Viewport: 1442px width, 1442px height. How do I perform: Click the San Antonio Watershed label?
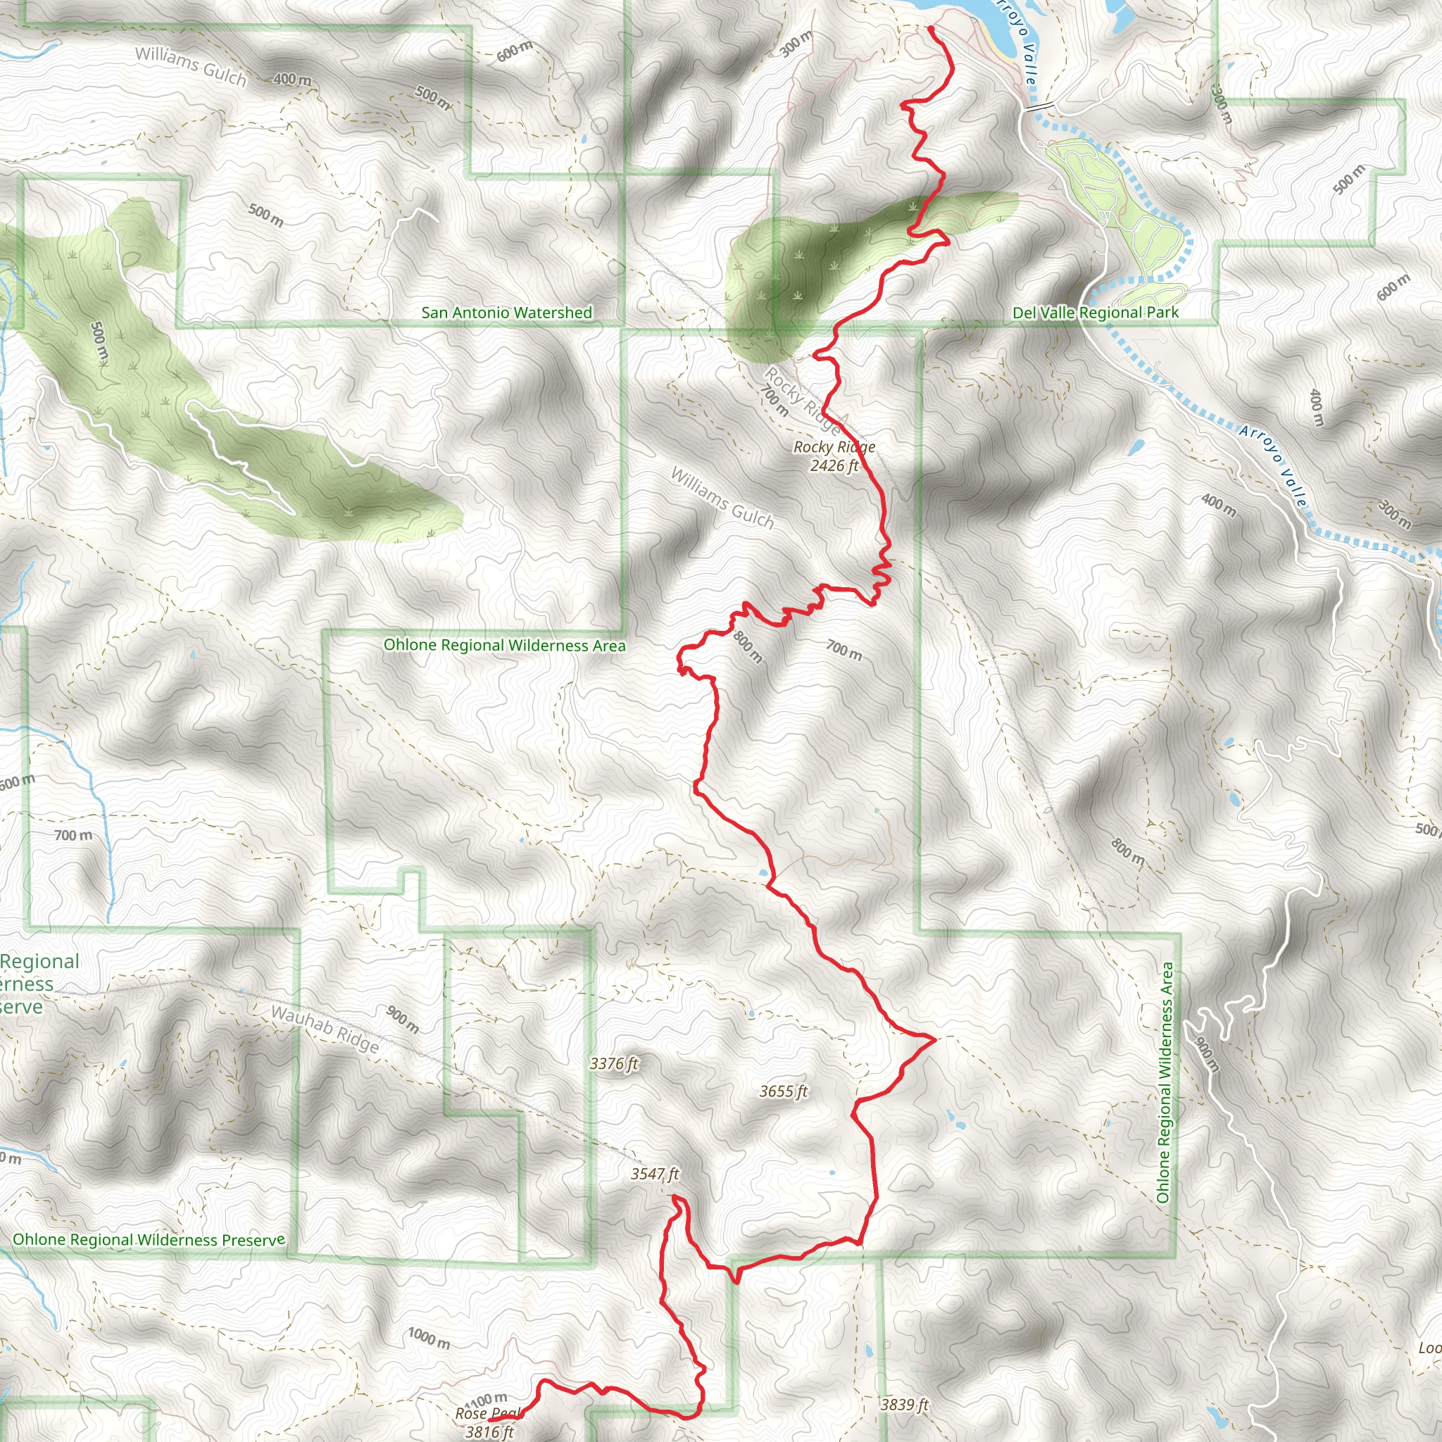[507, 313]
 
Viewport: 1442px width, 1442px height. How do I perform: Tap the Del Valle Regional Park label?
[1095, 313]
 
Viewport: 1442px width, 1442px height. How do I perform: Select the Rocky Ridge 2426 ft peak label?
[834, 456]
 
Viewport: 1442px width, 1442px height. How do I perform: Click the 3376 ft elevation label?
[613, 1064]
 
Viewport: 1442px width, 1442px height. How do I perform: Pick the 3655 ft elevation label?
[784, 1091]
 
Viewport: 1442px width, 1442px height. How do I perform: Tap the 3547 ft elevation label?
[655, 1174]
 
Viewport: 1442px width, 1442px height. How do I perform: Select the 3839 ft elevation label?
[904, 1405]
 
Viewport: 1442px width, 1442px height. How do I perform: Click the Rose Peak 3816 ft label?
[489, 1422]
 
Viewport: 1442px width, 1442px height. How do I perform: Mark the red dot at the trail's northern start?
[931, 29]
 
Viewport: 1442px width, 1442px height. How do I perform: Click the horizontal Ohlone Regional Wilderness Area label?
[505, 646]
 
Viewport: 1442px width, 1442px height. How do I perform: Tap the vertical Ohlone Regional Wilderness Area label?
[1164, 1082]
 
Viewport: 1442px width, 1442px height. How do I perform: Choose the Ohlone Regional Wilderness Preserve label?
[149, 1240]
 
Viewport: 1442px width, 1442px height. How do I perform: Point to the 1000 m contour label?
[430, 1338]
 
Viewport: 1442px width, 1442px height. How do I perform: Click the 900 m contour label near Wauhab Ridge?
[402, 1019]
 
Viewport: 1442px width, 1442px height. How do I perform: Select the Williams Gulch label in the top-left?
[191, 65]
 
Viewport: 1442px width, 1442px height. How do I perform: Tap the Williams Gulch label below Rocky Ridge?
[722, 498]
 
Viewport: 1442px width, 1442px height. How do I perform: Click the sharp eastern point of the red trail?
[934, 1039]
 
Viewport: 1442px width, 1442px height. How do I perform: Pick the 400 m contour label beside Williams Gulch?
[293, 79]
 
